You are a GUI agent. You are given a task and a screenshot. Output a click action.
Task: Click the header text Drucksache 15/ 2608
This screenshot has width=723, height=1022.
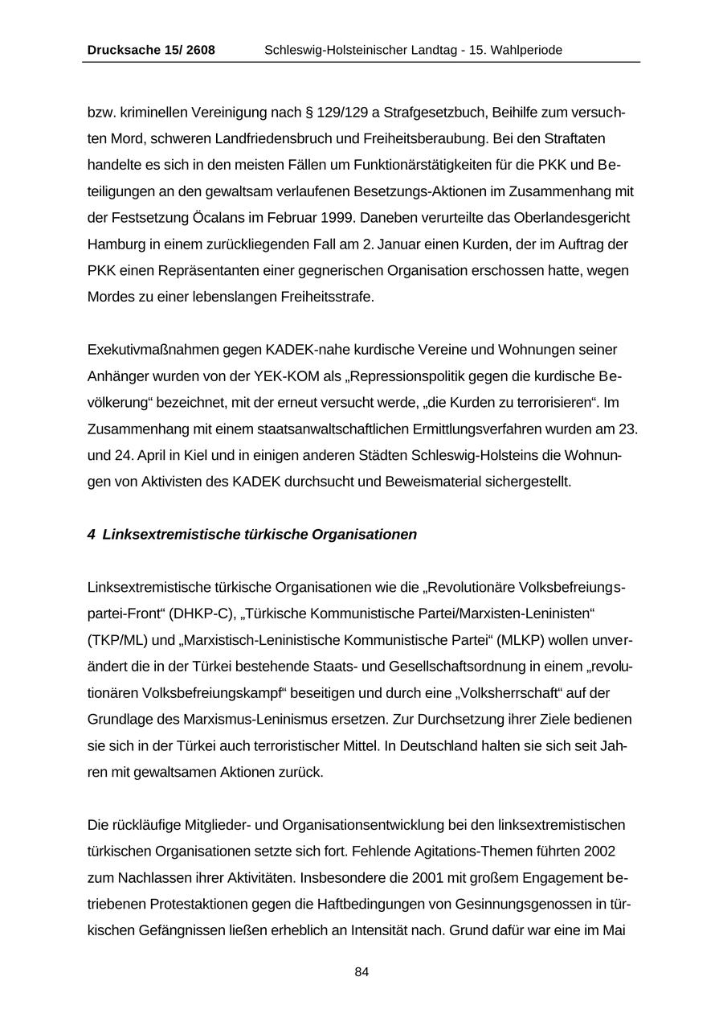151,50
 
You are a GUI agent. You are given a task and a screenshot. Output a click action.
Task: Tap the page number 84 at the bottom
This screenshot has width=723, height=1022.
361,972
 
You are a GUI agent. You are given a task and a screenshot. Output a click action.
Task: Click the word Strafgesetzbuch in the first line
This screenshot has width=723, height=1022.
427,112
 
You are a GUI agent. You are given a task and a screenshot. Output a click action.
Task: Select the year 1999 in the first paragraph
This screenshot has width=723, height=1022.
337,218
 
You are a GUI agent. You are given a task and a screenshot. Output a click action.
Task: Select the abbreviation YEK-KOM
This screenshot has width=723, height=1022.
282,377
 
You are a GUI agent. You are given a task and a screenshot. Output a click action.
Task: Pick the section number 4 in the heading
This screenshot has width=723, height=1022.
92,535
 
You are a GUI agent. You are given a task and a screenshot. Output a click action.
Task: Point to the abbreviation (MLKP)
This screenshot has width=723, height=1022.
521,641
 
